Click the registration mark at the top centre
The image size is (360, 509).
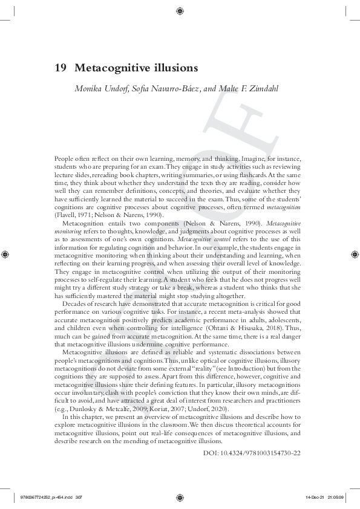point(180,10)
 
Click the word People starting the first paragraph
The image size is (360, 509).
point(65,159)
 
